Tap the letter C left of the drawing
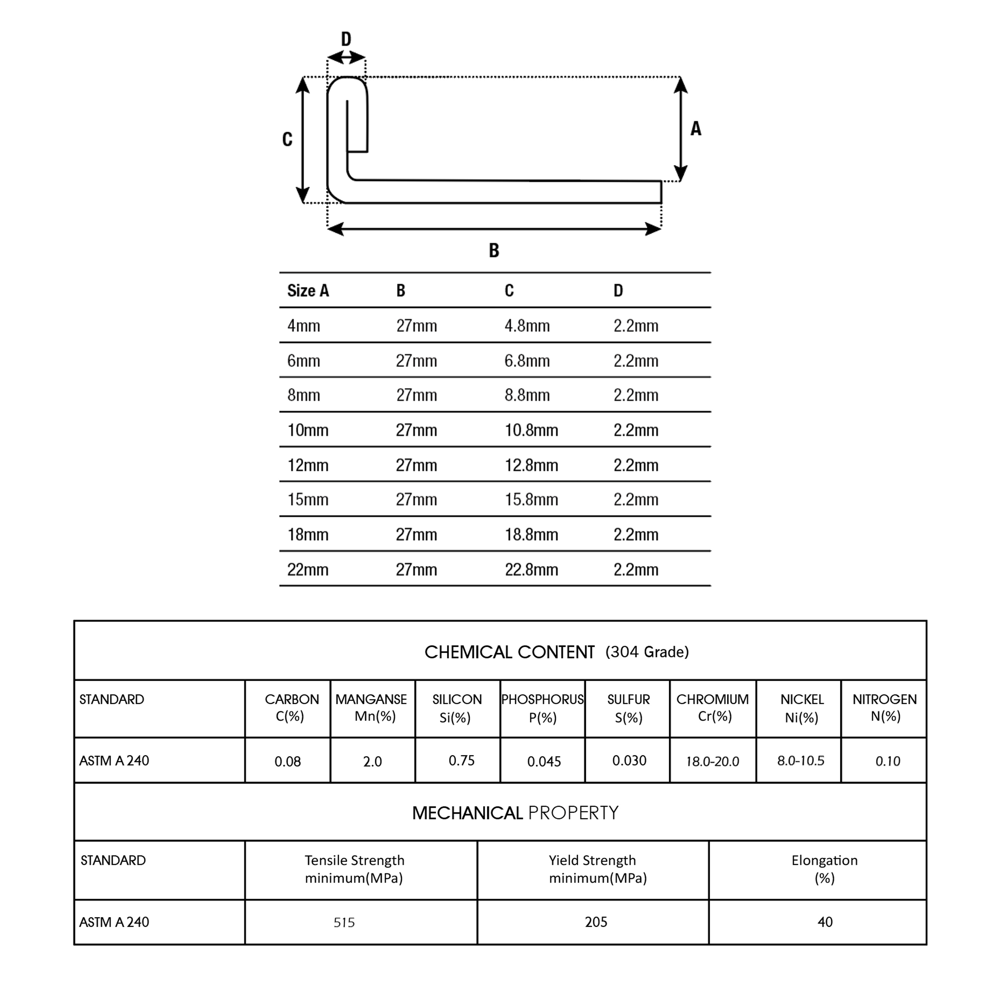287,139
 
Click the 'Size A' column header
308,291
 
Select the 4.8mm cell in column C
527,326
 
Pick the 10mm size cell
307,430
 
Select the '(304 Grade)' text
647,652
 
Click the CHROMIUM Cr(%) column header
712,707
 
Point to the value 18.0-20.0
712,761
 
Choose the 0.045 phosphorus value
544,761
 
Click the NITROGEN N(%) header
884,707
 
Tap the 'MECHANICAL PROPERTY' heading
515,813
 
